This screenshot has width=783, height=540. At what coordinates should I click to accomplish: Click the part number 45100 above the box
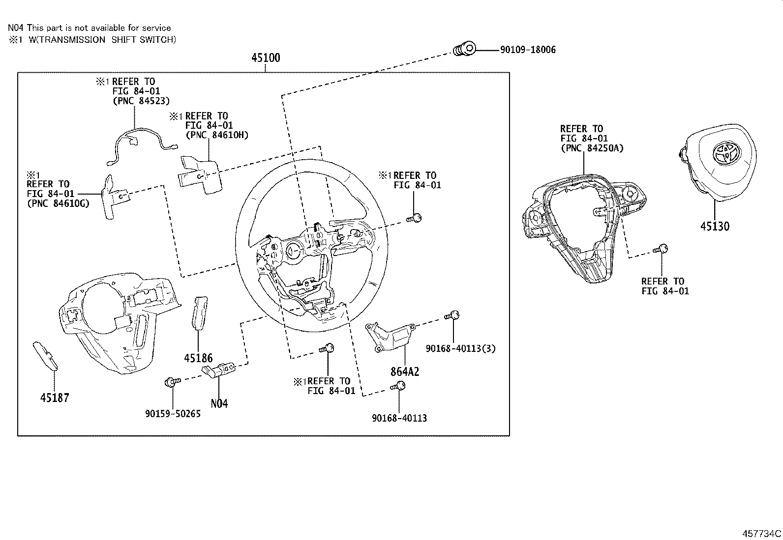click(x=266, y=57)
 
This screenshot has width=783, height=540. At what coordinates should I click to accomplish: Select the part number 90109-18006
click(x=528, y=50)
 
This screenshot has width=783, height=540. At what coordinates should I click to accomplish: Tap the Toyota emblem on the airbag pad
click(x=726, y=154)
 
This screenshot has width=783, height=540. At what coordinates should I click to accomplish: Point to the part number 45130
click(x=715, y=227)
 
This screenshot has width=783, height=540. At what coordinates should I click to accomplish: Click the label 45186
click(x=198, y=358)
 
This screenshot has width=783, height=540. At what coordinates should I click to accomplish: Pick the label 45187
click(x=55, y=398)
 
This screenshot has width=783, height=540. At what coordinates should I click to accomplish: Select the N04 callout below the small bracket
click(x=219, y=404)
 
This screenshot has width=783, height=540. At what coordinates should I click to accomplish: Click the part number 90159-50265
click(x=173, y=414)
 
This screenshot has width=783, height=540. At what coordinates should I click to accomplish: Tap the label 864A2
click(x=405, y=371)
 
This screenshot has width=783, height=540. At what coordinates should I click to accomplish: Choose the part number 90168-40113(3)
click(x=461, y=348)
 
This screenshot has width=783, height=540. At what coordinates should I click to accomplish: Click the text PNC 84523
click(x=141, y=101)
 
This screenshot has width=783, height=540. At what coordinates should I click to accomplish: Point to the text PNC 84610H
click(x=217, y=135)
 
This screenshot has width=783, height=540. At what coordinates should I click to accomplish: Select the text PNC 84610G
click(x=58, y=203)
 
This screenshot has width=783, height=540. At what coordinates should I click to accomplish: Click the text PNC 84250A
click(x=592, y=148)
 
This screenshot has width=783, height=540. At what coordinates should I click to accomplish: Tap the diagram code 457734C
click(x=761, y=534)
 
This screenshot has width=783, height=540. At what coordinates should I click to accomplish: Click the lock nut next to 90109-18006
click(x=464, y=49)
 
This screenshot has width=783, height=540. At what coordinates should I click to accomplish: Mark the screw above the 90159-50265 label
click(x=172, y=381)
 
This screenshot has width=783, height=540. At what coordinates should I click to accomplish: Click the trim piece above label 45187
click(x=45, y=355)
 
